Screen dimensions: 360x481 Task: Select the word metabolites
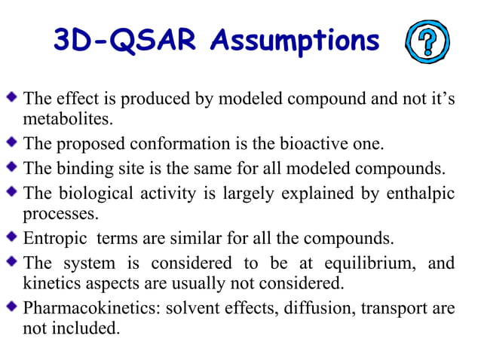(67, 119)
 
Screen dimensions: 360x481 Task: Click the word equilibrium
(367, 264)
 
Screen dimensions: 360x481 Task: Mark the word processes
(62, 214)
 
